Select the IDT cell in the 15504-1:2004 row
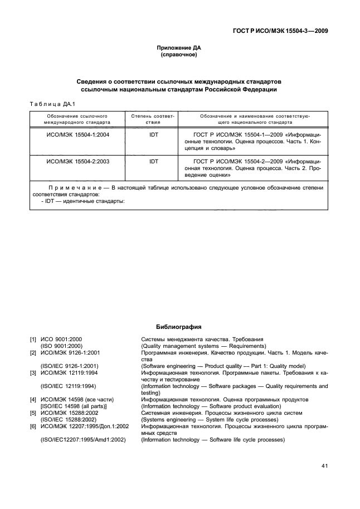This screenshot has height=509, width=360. pos(154,134)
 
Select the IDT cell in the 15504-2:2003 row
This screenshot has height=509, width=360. pos(154,161)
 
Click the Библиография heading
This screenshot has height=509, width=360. pos(179,327)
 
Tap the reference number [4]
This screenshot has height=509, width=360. pos(33,400)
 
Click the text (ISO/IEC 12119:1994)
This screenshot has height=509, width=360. pos(69,386)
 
